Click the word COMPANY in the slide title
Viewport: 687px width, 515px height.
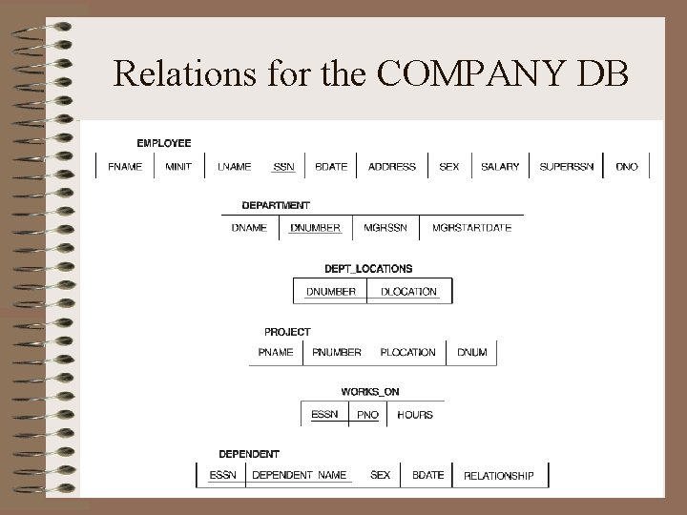474,73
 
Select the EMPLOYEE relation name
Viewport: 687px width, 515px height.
163,143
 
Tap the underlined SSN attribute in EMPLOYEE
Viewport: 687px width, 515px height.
283,167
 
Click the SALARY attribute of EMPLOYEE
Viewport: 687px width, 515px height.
500,167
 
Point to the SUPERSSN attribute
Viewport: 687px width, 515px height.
567,167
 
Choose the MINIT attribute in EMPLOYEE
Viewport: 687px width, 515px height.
178,167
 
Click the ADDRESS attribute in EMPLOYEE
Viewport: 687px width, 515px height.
392,167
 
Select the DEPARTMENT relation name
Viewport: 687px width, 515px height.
275,205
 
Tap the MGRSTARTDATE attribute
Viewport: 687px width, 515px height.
471,228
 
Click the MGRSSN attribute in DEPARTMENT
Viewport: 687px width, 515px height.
385,228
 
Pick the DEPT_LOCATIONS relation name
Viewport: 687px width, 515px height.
368,269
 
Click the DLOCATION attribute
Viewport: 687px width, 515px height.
408,292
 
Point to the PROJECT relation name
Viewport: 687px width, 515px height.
287,332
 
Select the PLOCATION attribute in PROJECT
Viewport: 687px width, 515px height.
407,352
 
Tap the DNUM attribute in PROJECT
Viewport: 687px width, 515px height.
471,352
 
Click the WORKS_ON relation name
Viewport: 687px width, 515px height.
369,392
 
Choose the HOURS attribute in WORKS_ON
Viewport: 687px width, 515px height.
415,415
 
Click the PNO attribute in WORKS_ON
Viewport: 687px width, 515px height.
367,415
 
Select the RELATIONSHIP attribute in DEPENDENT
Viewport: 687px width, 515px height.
498,476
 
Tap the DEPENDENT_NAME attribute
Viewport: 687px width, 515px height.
299,475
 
